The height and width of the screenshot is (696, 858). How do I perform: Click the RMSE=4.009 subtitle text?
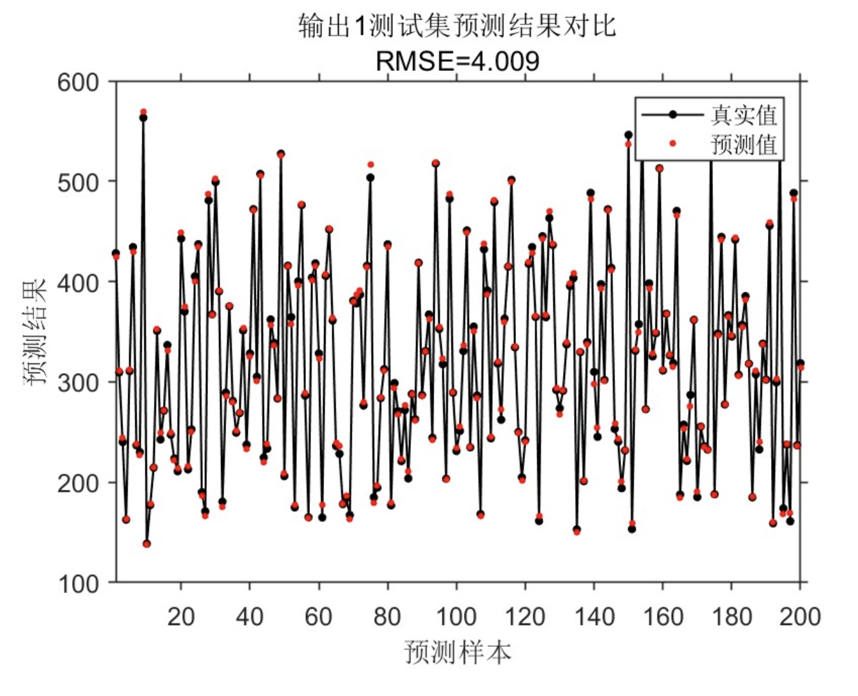pyautogui.click(x=457, y=61)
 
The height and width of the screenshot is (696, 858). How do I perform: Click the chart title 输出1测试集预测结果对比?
pyautogui.click(x=457, y=26)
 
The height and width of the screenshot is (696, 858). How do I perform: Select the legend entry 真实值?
pyautogui.click(x=744, y=115)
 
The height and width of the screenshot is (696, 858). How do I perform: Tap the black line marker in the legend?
pyautogui.click(x=672, y=115)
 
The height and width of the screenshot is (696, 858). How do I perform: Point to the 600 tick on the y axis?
pyautogui.click(x=78, y=82)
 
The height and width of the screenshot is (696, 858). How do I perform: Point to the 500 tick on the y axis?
pyautogui.click(x=78, y=182)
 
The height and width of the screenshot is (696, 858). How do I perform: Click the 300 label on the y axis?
pyautogui.click(x=78, y=383)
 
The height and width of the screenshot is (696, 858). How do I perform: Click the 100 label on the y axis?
pyautogui.click(x=78, y=584)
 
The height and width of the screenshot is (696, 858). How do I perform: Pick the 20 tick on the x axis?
pyautogui.click(x=181, y=617)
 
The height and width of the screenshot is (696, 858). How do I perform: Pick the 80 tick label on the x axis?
pyautogui.click(x=387, y=617)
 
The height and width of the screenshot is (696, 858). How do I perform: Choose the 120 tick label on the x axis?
pyautogui.click(x=525, y=617)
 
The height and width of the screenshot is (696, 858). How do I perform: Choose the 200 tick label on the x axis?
pyautogui.click(x=799, y=617)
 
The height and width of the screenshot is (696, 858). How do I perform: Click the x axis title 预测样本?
pyautogui.click(x=457, y=652)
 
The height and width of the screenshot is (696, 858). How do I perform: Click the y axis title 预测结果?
pyautogui.click(x=35, y=331)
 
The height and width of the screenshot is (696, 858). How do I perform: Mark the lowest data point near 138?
pyautogui.click(x=147, y=544)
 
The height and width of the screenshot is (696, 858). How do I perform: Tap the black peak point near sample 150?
pyautogui.click(x=628, y=135)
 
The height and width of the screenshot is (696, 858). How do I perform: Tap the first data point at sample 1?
pyautogui.click(x=116, y=253)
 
